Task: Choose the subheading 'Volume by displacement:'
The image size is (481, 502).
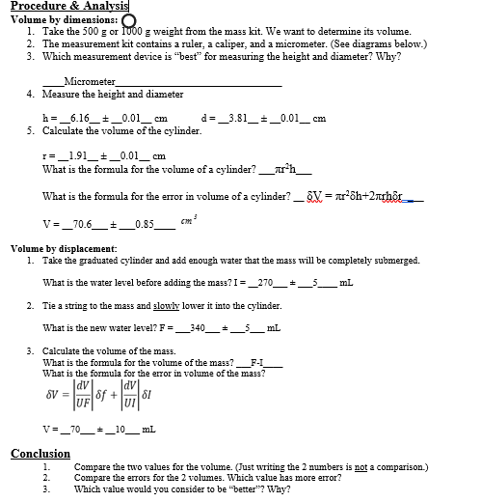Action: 64,249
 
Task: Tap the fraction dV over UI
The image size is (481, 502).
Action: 123,394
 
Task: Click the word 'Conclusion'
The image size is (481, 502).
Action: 40,453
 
